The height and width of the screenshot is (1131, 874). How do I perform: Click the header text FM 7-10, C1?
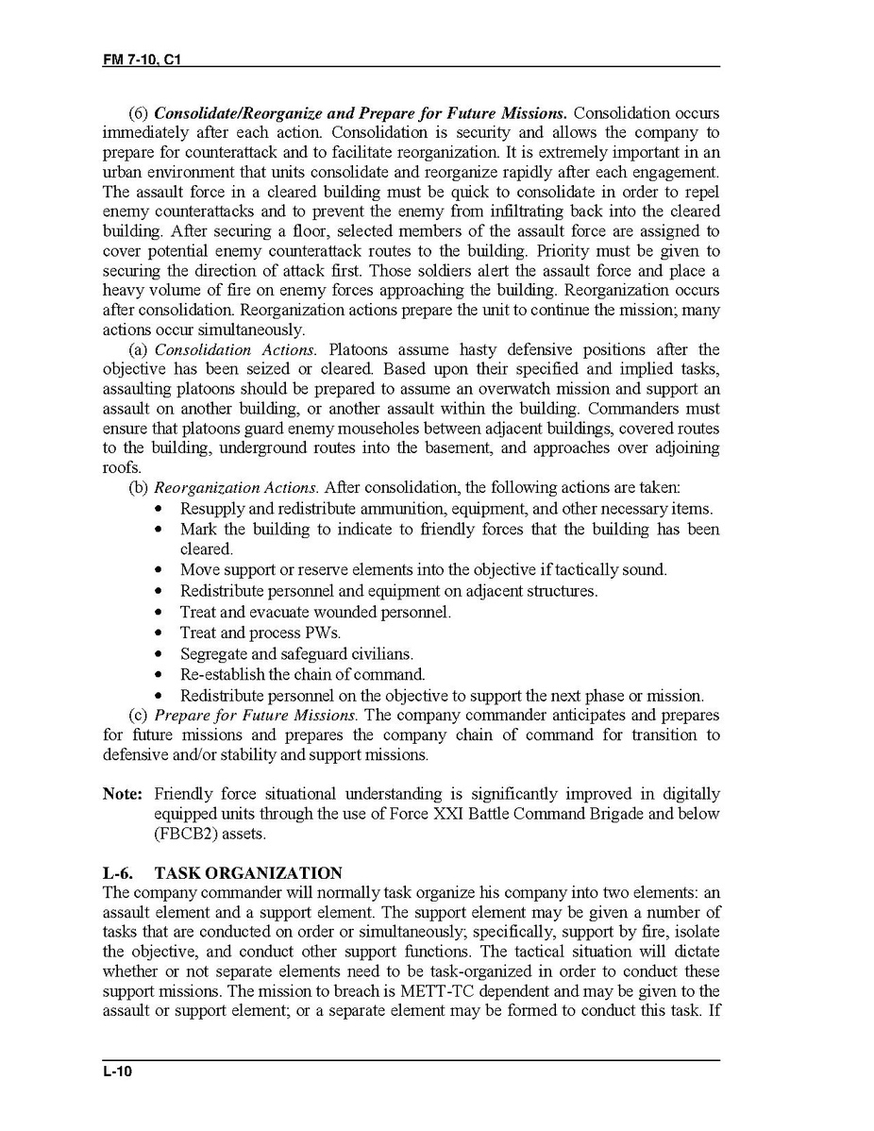click(141, 59)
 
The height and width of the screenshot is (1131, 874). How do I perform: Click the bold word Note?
click(123, 794)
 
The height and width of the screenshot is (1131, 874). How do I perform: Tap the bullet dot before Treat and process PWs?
click(160, 633)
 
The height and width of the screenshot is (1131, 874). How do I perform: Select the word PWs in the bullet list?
click(322, 633)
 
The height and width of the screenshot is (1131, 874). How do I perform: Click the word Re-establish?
click(225, 675)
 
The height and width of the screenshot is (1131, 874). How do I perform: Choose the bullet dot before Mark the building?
click(160, 531)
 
